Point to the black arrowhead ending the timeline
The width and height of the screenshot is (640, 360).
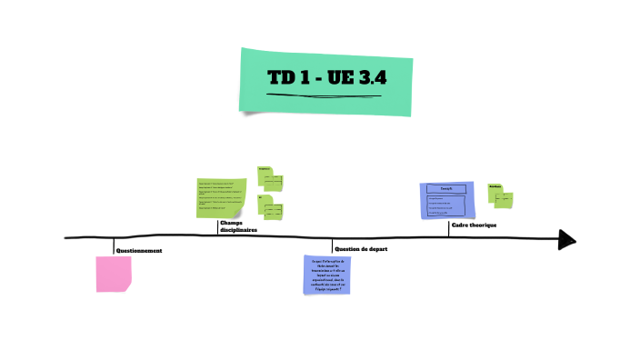click(x=567, y=239)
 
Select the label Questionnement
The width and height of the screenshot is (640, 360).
click(x=138, y=250)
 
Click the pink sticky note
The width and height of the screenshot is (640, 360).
click(x=114, y=274)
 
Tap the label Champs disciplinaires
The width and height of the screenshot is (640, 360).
click(x=237, y=226)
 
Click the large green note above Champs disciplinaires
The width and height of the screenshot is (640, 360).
click(x=221, y=198)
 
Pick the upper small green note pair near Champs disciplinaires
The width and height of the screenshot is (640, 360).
click(x=270, y=178)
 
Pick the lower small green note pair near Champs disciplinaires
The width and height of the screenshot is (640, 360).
click(x=271, y=208)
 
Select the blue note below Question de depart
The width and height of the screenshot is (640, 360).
click(x=326, y=275)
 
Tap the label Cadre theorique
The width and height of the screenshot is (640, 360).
click(x=474, y=225)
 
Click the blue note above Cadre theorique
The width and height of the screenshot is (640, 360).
click(x=448, y=200)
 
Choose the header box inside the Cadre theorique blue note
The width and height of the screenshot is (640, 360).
click(x=447, y=188)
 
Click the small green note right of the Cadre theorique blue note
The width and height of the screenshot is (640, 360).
click(x=500, y=195)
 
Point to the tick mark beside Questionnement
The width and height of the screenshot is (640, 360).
click(x=114, y=245)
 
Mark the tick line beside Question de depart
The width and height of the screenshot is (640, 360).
click(x=332, y=246)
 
